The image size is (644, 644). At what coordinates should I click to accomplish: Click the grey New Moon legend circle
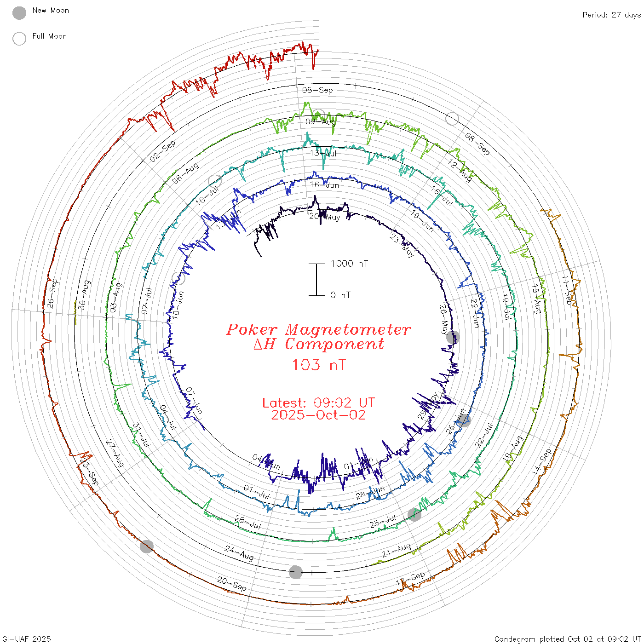point(19,13)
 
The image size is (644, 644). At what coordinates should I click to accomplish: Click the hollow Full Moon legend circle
point(19,39)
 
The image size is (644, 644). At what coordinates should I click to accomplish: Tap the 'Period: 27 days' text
point(611,15)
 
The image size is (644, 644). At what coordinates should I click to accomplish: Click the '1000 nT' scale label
point(349,264)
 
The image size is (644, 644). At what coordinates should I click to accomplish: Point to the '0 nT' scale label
point(340,295)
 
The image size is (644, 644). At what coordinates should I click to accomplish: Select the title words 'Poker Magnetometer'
point(318,329)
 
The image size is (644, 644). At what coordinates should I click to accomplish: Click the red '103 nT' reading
point(318,365)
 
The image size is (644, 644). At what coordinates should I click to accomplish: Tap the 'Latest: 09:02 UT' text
point(318,403)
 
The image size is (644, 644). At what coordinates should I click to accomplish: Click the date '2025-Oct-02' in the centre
point(318,415)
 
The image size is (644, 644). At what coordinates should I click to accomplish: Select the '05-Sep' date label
point(317,90)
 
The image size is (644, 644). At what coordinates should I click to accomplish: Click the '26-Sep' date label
point(52,293)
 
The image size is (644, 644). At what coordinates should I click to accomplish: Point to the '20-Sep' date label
point(232,584)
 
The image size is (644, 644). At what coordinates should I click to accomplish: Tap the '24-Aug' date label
point(239,552)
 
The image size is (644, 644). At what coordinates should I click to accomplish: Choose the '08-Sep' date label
point(477,143)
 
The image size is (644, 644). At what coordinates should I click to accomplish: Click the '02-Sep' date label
point(162,151)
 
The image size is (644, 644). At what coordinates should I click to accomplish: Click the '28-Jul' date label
point(248,522)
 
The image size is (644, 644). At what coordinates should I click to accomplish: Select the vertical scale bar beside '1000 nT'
point(316,280)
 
